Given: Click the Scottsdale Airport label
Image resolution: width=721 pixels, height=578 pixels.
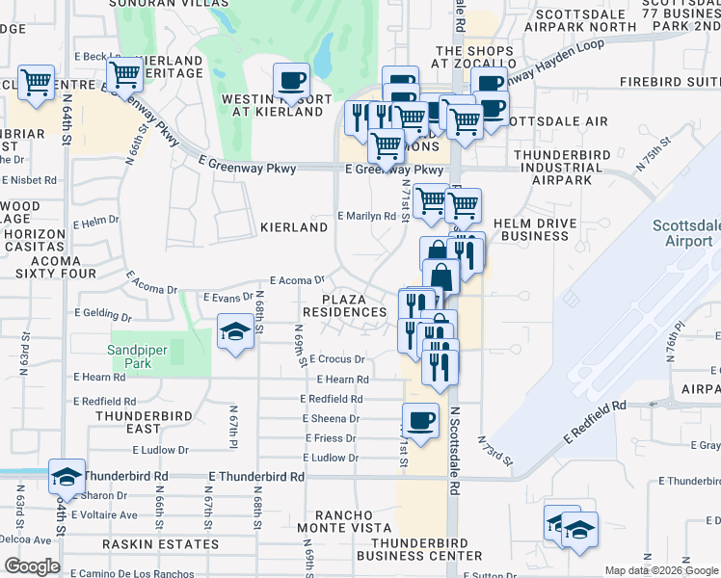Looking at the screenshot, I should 686,232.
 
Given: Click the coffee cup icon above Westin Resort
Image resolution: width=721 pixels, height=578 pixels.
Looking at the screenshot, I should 291,81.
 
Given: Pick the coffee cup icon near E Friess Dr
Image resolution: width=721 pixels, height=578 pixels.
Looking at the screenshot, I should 420,420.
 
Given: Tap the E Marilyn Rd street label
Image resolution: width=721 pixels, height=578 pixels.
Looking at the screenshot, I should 366,217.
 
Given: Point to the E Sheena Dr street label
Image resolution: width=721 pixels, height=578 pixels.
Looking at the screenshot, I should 331,419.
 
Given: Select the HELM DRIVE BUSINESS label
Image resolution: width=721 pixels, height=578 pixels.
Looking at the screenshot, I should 536,229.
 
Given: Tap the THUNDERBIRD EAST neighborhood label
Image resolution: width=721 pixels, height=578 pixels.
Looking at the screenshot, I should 142,422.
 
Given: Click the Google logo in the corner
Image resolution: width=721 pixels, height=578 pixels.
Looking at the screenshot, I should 32,566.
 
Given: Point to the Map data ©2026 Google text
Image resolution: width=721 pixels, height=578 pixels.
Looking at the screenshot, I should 660,570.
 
